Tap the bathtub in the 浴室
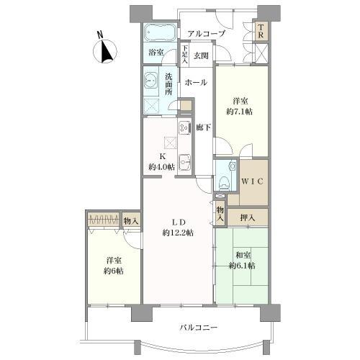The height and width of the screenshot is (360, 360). point(161,32)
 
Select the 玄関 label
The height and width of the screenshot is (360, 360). point(201,55)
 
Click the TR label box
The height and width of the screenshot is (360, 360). point(261,31)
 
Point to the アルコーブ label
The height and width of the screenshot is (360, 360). point(207,34)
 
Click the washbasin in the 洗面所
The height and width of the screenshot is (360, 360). point(150,81)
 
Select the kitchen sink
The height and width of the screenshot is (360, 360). point(184,162)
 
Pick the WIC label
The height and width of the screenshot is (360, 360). point(252,181)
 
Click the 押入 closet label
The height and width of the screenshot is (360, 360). point(248,217)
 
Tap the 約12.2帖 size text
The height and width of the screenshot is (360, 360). point(178,233)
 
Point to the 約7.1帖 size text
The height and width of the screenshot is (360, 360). point(240,112)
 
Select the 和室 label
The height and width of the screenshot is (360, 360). point(243,255)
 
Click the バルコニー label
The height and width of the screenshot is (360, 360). point(199,328)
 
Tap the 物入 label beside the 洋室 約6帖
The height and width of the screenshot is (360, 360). point(131,221)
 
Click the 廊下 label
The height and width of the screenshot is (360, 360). point(203,127)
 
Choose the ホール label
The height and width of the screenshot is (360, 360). point(196,83)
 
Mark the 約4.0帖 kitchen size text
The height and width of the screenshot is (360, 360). point(161,167)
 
